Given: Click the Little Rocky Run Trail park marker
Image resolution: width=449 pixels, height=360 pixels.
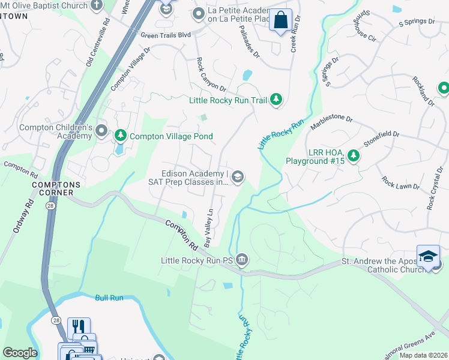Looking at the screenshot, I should point(276,100).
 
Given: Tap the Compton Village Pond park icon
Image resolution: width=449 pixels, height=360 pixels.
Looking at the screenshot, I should point(121,136).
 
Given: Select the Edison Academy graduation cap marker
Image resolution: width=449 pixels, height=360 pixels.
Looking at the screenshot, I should point(238,176).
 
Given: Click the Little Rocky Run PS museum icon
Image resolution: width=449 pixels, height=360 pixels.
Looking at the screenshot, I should point(241,260).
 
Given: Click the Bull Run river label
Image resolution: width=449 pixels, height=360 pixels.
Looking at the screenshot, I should point(108,297).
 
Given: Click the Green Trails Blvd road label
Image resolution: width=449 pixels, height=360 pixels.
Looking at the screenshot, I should point(166,35).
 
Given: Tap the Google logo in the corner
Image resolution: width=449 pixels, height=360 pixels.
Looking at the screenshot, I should point(20,352).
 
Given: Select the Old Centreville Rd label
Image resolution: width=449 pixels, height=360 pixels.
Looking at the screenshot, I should point(97,41).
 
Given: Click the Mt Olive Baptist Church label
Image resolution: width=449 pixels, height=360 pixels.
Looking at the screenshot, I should point(43,5).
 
